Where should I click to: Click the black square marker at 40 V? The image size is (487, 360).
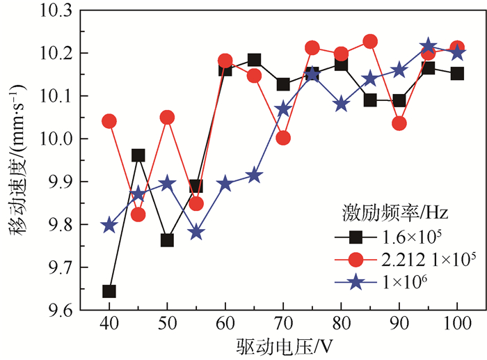coord(109,291)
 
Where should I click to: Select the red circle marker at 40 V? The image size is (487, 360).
coord(109,121)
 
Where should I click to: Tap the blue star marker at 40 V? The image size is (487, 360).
coord(109,226)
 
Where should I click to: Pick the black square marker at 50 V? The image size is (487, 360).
coord(167,240)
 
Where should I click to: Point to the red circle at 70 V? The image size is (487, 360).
coord(283,138)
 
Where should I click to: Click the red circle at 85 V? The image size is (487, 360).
coord(370,42)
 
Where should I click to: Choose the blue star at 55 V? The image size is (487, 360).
coord(196,233)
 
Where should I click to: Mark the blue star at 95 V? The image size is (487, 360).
coord(429,47)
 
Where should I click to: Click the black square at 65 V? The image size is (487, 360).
coord(254,61)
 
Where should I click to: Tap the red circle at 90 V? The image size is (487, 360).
coord(399,124)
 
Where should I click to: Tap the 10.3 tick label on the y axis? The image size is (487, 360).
coord(56,10)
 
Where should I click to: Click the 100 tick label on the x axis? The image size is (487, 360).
coord(457,325)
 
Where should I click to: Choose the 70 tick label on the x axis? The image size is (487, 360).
coord(283,325)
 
